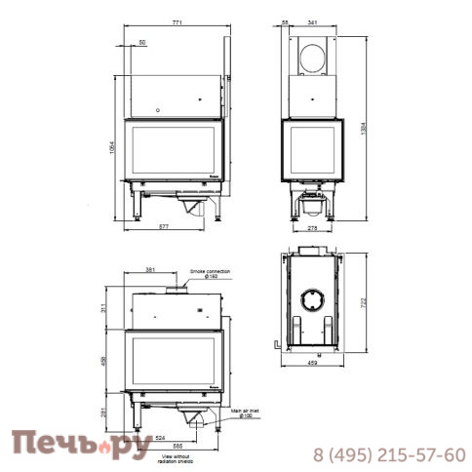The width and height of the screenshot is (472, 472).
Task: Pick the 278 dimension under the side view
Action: [311, 227]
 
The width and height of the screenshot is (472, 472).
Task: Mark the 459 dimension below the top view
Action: [311, 366]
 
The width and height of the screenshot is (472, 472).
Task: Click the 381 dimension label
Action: [149, 270]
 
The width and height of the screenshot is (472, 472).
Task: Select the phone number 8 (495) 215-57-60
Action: [388, 454]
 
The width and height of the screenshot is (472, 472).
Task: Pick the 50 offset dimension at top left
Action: [142, 44]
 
